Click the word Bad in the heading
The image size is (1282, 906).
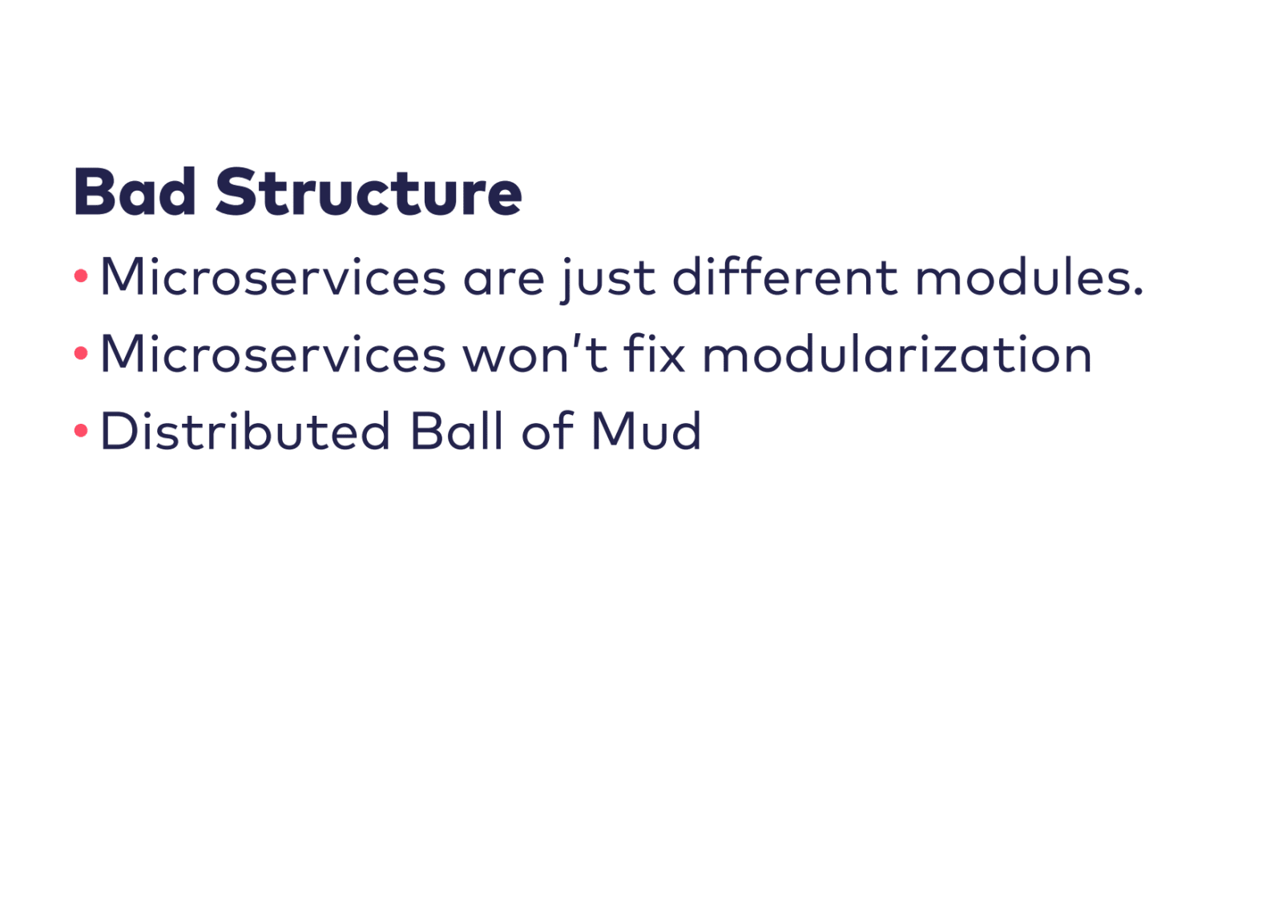(135, 191)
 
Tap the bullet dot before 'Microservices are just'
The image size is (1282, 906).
(81, 276)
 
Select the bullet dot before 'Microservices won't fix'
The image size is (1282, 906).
(81, 353)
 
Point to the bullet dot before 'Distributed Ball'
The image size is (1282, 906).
(81, 430)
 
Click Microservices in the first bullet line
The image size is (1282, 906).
(273, 276)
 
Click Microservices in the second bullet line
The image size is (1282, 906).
(273, 354)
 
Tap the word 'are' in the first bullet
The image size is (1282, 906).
(504, 280)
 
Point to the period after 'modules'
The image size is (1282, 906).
(1138, 291)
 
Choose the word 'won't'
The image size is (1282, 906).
(535, 354)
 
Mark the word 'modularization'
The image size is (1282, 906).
(897, 353)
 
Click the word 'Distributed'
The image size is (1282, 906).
(245, 430)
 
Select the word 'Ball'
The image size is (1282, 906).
(457, 430)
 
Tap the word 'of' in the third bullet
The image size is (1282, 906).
(547, 430)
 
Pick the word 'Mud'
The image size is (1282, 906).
(646, 430)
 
